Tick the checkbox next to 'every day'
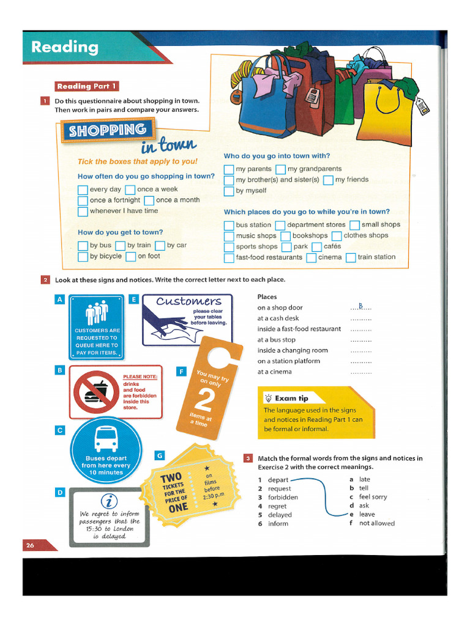coord(83,190)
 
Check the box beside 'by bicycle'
coord(83,257)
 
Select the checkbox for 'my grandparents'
coord(280,169)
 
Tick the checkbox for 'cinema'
coord(311,258)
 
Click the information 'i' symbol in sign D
coord(109,501)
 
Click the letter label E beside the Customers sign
coord(134,300)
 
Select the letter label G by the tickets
coord(160,455)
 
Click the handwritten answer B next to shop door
coord(361,306)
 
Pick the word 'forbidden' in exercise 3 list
coord(283,498)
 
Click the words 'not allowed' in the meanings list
coord(377,523)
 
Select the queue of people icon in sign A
coord(97,312)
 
